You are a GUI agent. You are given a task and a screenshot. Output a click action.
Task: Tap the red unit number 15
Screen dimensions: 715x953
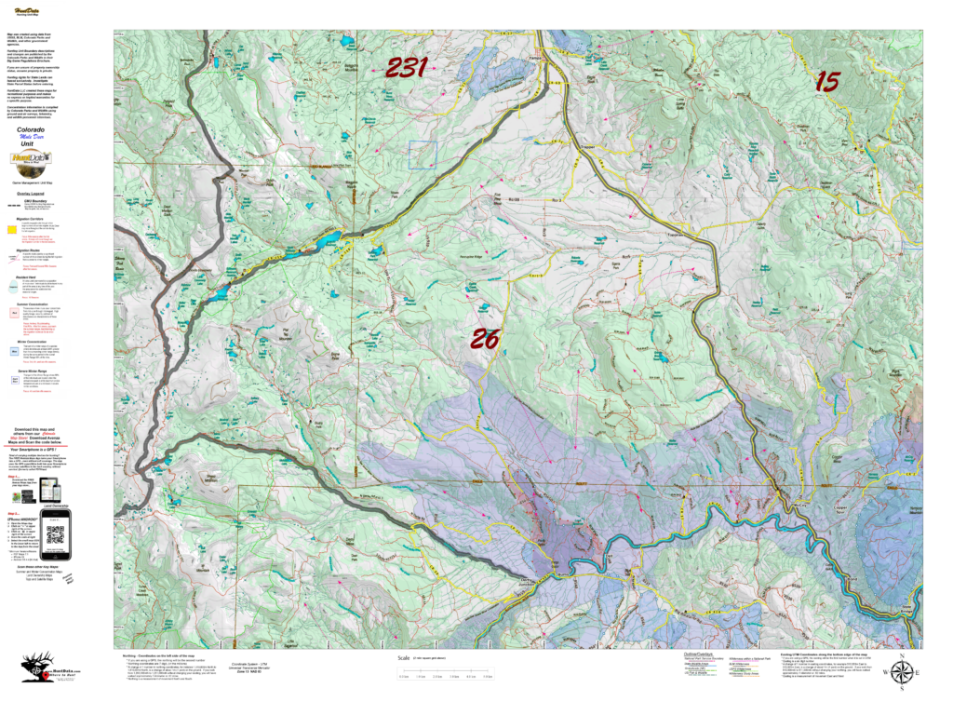point(826,82)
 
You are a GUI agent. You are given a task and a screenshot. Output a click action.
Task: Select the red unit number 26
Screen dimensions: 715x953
point(484,339)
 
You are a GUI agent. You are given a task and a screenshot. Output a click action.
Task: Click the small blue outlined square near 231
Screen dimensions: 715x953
point(423,155)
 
